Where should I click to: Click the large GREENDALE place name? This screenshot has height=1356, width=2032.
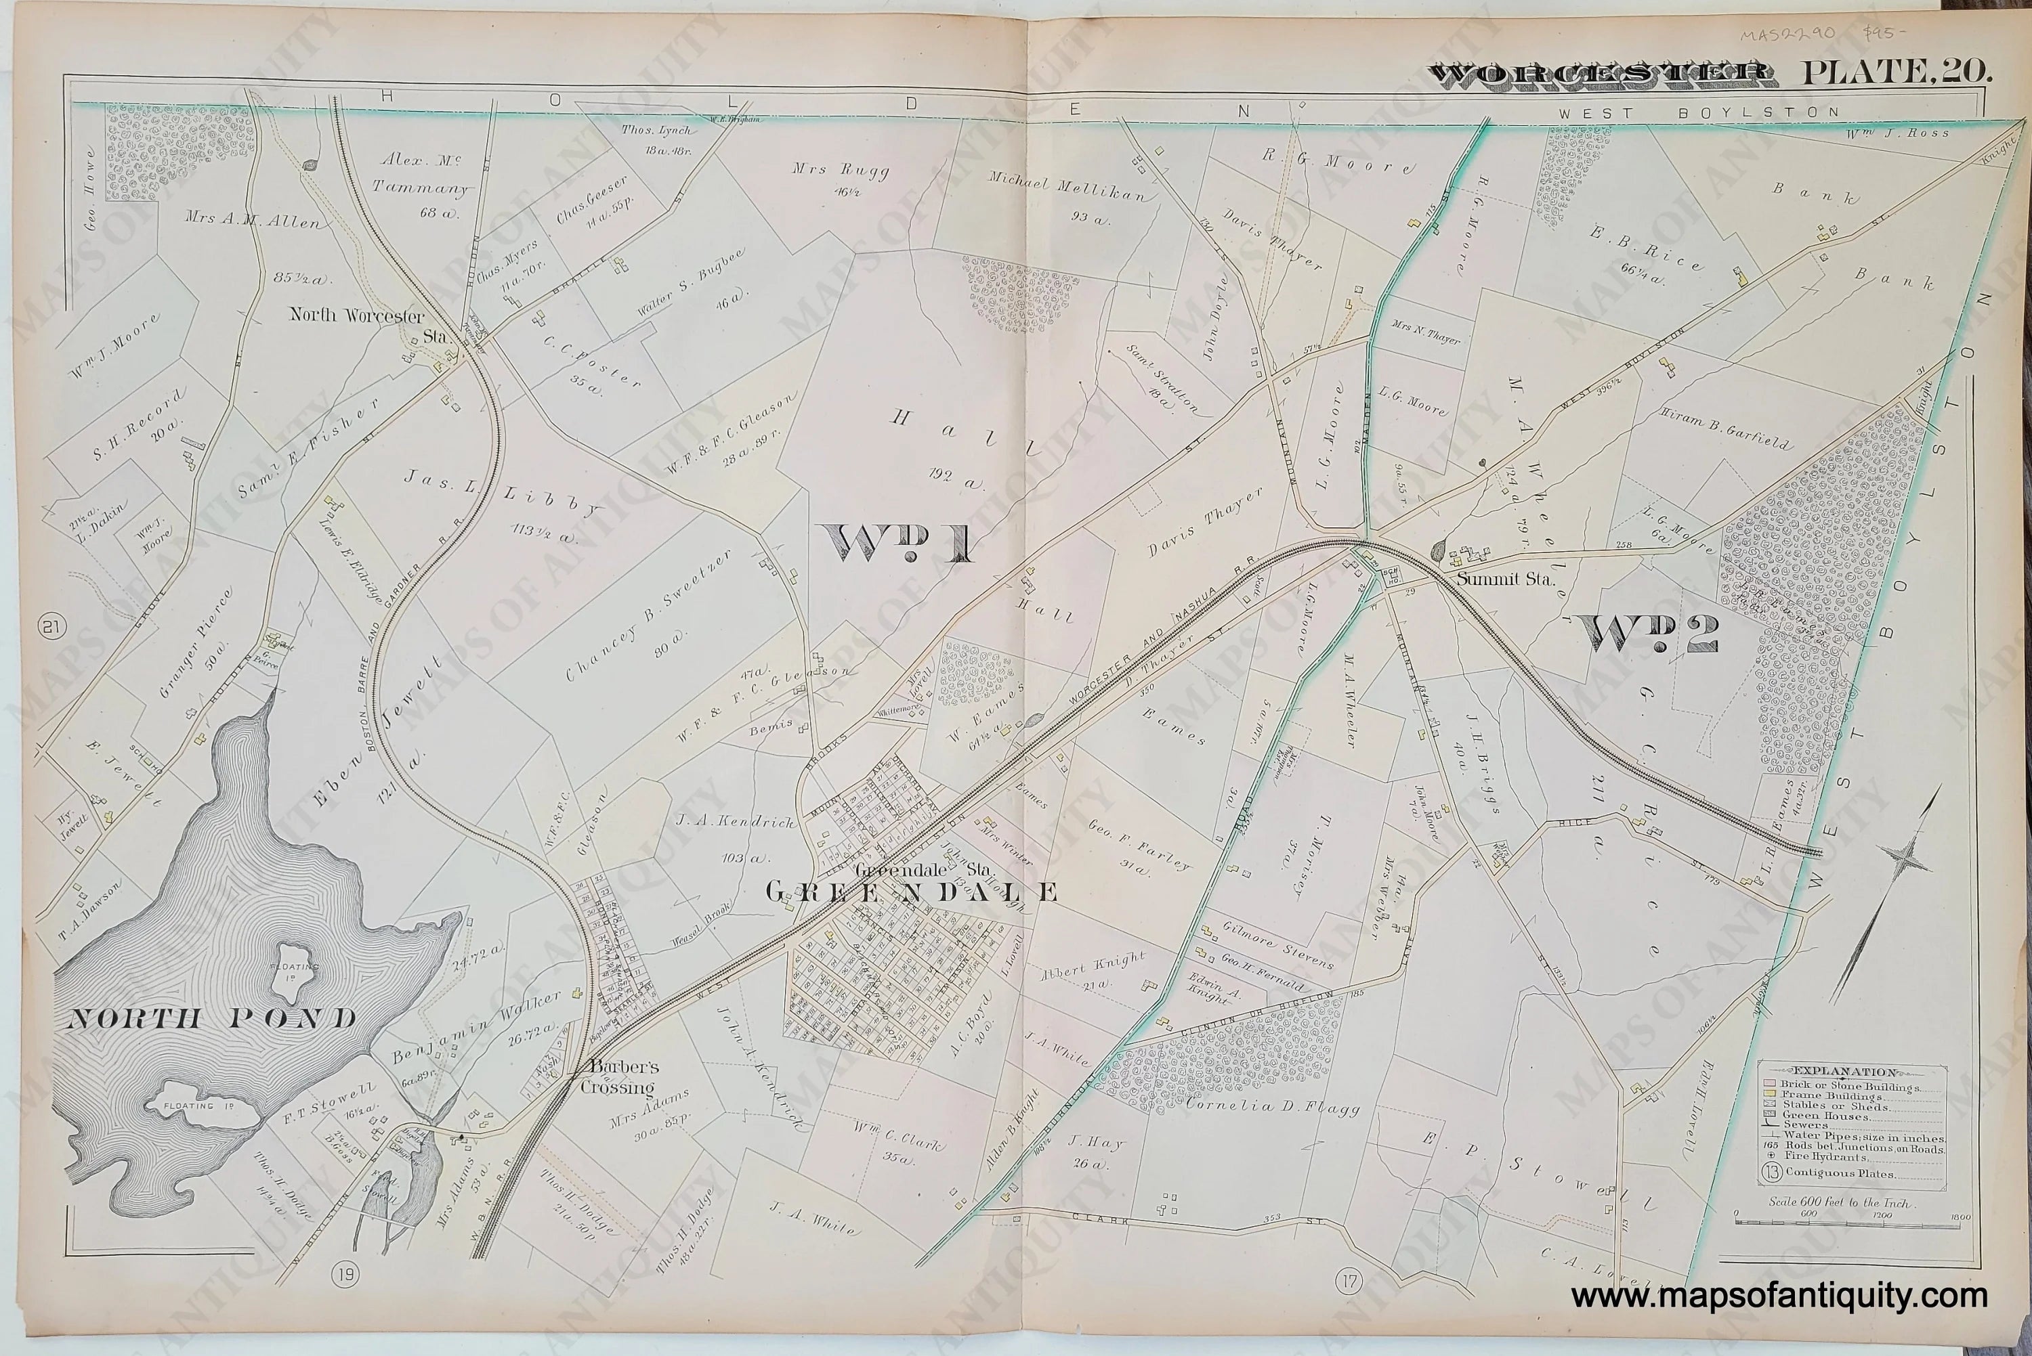(911, 892)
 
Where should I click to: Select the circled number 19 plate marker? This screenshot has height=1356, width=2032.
(343, 1275)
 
